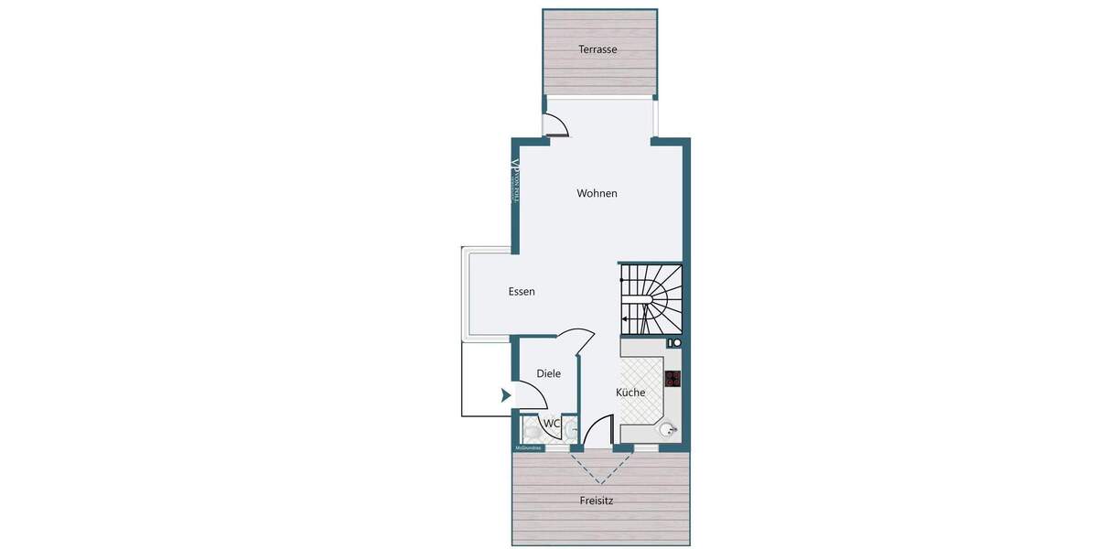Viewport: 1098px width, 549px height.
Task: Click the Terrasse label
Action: click(x=597, y=49)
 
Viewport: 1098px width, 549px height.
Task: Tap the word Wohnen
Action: click(x=597, y=193)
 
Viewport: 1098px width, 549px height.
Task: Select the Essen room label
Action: click(x=522, y=292)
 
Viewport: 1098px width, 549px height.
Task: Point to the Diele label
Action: click(x=548, y=373)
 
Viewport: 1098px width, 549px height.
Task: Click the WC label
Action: click(x=551, y=424)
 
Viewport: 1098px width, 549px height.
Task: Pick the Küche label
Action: click(x=630, y=393)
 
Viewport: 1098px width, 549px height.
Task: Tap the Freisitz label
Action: click(x=597, y=501)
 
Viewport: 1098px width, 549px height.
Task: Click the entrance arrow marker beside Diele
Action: click(x=504, y=396)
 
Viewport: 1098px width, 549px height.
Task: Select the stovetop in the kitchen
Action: click(x=673, y=379)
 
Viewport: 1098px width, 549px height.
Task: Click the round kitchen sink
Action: click(x=669, y=428)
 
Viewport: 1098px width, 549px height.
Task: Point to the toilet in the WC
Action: click(x=530, y=430)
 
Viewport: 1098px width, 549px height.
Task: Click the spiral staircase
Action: click(x=651, y=298)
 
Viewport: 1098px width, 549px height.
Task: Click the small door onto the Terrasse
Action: click(x=555, y=126)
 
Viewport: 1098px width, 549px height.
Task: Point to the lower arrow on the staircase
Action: click(x=624, y=319)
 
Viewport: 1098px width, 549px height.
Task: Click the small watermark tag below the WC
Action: click(x=529, y=448)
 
